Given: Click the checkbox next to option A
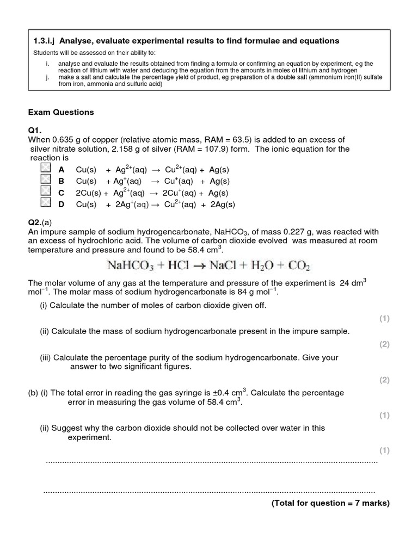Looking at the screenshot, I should click(46, 169).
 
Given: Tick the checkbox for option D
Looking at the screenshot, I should click(46, 204).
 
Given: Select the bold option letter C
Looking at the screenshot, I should click(62, 193).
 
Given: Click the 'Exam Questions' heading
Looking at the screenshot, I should click(61, 112).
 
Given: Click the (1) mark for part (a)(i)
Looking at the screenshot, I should click(384, 319).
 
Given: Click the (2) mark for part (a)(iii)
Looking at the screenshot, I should click(384, 380).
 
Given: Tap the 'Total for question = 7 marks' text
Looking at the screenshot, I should click(330, 504).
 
